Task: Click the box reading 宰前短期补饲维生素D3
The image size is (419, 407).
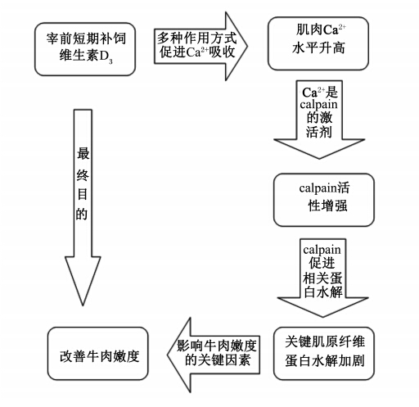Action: click(x=85, y=49)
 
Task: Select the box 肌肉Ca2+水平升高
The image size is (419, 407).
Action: click(x=318, y=43)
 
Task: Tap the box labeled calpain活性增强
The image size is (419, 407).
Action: click(x=324, y=200)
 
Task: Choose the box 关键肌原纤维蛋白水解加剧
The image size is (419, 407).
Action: click(x=324, y=353)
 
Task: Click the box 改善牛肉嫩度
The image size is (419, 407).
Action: click(x=98, y=353)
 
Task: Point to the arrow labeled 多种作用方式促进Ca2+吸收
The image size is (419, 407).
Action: click(x=200, y=46)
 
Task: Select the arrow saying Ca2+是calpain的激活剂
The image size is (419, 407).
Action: click(x=319, y=120)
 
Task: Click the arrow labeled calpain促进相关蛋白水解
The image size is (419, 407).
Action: click(x=323, y=278)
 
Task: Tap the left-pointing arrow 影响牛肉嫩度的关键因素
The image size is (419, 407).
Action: click(x=214, y=355)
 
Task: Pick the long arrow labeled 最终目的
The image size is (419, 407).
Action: click(x=83, y=207)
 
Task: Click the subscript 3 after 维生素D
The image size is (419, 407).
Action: click(x=110, y=61)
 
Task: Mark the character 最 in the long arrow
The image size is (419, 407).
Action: click(x=83, y=153)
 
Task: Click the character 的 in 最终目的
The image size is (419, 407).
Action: click(x=82, y=215)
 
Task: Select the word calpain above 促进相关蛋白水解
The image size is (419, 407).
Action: click(x=322, y=250)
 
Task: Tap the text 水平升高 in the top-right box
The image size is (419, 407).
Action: click(x=318, y=48)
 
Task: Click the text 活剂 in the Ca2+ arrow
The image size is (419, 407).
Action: click(x=319, y=132)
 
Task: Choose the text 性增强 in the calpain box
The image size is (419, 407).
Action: click(x=327, y=206)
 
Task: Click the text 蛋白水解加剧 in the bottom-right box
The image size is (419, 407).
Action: click(x=325, y=361)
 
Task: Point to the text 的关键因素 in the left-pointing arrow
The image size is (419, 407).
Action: click(x=218, y=360)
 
